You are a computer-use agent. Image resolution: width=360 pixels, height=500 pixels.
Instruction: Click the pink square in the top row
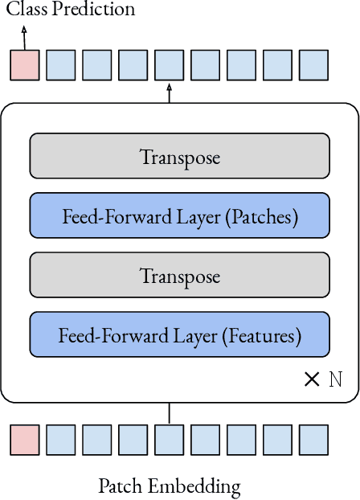(x=24, y=65)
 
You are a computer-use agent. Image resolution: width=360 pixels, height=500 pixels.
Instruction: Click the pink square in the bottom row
(x=24, y=441)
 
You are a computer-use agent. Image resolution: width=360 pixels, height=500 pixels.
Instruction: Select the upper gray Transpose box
(x=179, y=156)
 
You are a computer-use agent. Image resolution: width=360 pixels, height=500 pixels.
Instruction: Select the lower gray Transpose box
(x=179, y=276)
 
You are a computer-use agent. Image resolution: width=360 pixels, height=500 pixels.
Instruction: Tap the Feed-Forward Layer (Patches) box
(x=179, y=215)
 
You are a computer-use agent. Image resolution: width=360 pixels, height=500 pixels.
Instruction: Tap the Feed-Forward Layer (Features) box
(x=179, y=335)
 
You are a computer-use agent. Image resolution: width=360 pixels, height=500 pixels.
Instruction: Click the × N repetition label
(x=323, y=379)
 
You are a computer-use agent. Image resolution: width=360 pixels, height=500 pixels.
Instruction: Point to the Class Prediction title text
(x=71, y=10)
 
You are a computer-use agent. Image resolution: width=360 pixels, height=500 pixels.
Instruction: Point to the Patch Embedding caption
(x=169, y=486)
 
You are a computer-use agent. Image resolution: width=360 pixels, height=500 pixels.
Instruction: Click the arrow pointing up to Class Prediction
(x=24, y=37)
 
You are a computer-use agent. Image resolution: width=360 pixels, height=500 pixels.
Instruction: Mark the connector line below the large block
(x=169, y=413)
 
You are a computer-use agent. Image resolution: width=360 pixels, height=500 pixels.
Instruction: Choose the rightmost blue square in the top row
(x=313, y=65)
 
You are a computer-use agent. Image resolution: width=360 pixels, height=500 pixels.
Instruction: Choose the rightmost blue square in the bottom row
(x=313, y=441)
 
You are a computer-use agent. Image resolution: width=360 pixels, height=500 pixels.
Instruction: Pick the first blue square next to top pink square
(x=60, y=65)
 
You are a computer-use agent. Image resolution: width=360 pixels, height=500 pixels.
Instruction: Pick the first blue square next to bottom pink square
(x=60, y=441)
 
